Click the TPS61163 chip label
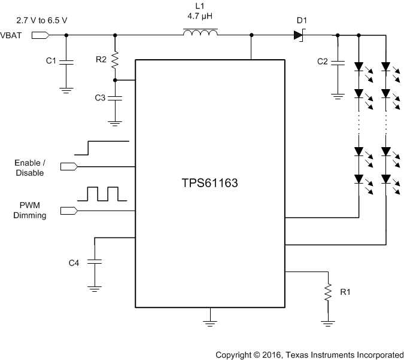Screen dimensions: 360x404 click(x=209, y=184)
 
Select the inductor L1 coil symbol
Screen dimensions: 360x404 click(x=201, y=35)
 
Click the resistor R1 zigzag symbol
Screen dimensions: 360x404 click(x=327, y=292)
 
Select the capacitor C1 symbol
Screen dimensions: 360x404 click(x=66, y=61)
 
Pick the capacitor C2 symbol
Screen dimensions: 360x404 click(x=338, y=61)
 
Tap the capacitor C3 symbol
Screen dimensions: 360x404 click(x=116, y=97)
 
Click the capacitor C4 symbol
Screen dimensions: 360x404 click(x=94, y=262)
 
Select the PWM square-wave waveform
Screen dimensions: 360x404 click(x=102, y=194)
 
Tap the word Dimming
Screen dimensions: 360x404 click(x=30, y=215)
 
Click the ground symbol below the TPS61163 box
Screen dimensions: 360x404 click(x=209, y=324)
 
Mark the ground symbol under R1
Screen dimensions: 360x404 click(x=327, y=324)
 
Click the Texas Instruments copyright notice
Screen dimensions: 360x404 click(x=309, y=354)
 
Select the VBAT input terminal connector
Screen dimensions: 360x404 click(x=39, y=35)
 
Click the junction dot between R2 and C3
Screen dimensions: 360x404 click(x=116, y=80)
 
